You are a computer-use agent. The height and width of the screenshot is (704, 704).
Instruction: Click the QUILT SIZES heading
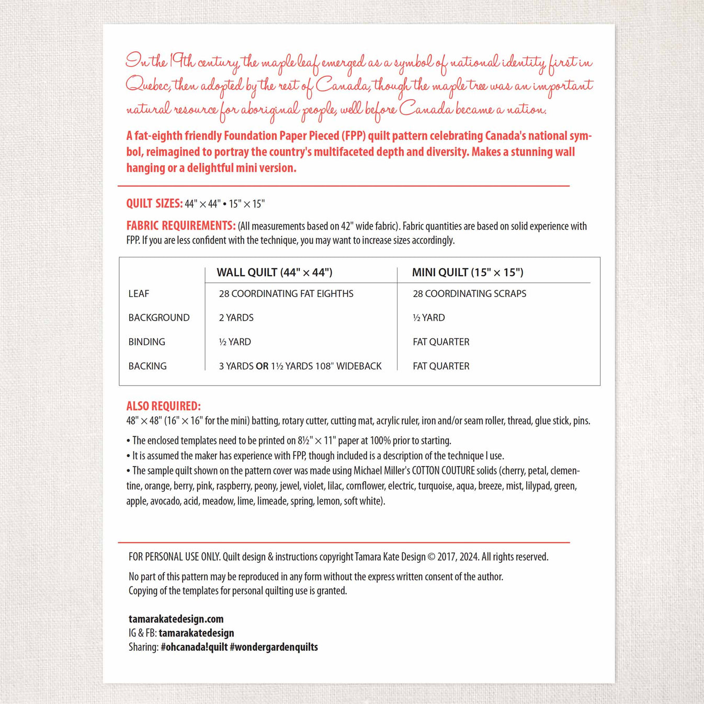pyautogui.click(x=154, y=203)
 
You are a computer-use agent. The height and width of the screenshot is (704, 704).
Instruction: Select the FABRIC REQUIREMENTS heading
pyautogui.click(x=180, y=226)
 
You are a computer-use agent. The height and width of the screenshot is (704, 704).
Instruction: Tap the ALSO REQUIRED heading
pyautogui.click(x=163, y=406)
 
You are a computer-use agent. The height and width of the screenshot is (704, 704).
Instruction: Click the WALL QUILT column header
pyautogui.click(x=275, y=272)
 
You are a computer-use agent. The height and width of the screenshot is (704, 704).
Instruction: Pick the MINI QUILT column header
pyautogui.click(x=468, y=272)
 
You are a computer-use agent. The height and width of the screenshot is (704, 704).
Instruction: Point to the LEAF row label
pyautogui.click(x=139, y=293)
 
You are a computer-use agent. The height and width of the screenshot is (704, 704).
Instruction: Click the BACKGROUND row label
pyautogui.click(x=159, y=317)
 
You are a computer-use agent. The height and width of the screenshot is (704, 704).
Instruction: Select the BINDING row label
pyautogui.click(x=146, y=342)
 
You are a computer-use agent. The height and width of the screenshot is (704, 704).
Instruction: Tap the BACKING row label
pyautogui.click(x=147, y=366)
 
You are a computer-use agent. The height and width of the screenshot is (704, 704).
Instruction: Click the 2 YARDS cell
pyautogui.click(x=236, y=317)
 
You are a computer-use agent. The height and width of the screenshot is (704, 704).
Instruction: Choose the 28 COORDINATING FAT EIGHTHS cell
pyautogui.click(x=286, y=293)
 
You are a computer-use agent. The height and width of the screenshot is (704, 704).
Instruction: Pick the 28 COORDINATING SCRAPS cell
pyautogui.click(x=469, y=293)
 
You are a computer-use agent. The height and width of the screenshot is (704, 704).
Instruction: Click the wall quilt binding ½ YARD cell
pyautogui.click(x=235, y=342)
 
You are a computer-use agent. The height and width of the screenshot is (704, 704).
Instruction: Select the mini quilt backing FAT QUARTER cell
pyautogui.click(x=441, y=366)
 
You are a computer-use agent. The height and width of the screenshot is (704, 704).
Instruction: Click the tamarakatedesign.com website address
pyautogui.click(x=176, y=619)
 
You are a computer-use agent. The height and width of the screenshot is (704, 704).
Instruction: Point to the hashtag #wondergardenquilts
pyautogui.click(x=274, y=647)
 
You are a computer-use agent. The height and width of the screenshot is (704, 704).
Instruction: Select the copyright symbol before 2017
pyautogui.click(x=432, y=557)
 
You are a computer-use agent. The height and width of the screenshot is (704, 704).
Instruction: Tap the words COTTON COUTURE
pyautogui.click(x=444, y=471)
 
